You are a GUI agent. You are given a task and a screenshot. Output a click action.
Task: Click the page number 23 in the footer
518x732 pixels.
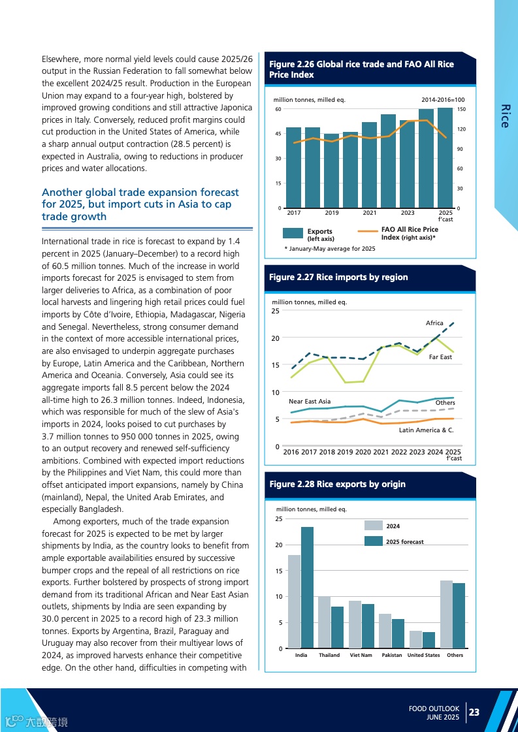click(x=474, y=712)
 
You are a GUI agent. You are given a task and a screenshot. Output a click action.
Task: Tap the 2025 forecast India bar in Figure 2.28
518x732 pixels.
click(x=307, y=587)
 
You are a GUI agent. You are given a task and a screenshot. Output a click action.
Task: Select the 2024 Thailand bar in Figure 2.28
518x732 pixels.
click(x=325, y=622)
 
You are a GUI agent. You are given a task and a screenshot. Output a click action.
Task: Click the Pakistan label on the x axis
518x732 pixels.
click(x=392, y=655)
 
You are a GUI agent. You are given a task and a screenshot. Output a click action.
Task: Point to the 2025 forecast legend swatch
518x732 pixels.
click(x=373, y=541)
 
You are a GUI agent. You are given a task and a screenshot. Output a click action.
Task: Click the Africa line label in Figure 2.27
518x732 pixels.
click(x=434, y=323)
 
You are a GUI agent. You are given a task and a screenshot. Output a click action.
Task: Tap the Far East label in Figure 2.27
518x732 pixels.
click(x=440, y=357)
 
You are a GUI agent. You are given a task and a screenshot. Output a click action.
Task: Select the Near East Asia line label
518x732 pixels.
click(x=310, y=401)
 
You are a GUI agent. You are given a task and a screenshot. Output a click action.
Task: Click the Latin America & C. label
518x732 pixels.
click(x=426, y=430)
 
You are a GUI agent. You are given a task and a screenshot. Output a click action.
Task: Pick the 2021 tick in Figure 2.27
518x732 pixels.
click(x=381, y=452)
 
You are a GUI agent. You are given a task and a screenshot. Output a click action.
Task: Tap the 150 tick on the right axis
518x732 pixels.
click(x=461, y=110)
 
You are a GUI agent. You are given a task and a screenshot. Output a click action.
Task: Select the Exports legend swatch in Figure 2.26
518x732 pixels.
click(x=293, y=234)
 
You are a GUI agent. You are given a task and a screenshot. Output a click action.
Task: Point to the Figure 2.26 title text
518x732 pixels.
click(x=361, y=69)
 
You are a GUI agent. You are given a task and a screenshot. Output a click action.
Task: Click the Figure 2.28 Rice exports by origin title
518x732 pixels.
click(x=337, y=484)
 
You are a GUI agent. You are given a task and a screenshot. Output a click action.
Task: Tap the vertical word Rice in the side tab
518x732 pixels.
click(x=504, y=116)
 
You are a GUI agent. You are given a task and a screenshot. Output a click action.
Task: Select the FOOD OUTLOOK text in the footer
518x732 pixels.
click(x=434, y=708)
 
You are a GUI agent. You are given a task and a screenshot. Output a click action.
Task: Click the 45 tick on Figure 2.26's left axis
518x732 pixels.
click(x=278, y=134)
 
